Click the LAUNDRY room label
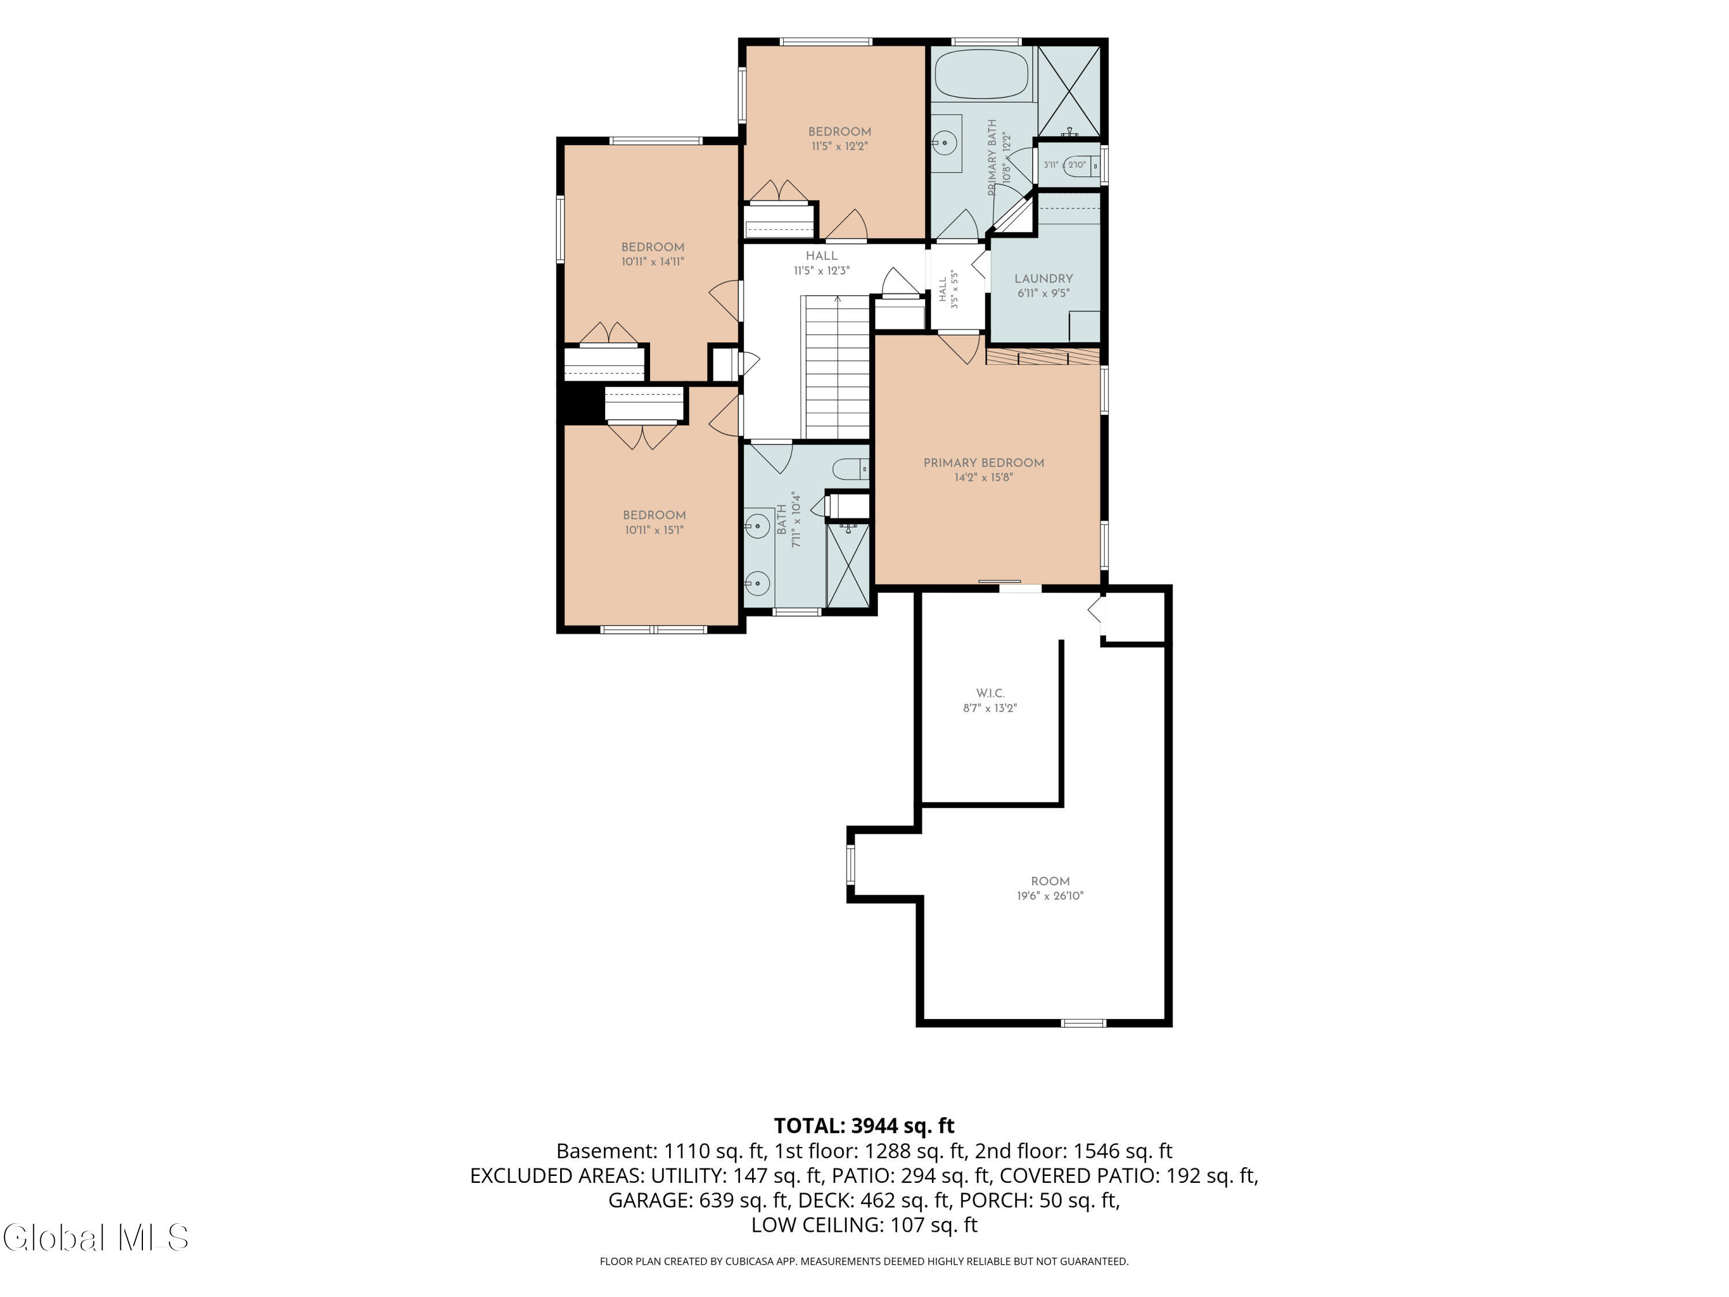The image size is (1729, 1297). click(1044, 278)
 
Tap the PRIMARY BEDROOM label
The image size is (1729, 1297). click(983, 463)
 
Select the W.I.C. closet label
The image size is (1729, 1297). click(990, 693)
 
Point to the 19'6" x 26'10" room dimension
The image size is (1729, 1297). click(1050, 896)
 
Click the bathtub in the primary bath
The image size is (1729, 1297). click(981, 73)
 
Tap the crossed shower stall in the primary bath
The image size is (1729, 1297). click(1069, 92)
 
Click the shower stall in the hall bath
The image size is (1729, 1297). click(848, 564)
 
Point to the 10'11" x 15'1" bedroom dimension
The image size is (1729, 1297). click(654, 530)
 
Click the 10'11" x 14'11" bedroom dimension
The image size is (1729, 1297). click(652, 262)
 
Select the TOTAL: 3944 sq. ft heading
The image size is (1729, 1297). click(864, 1126)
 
